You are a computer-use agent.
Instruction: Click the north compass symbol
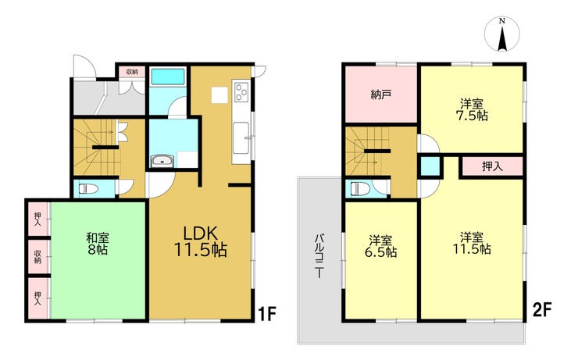pos(501,34)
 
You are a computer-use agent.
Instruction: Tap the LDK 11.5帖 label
pos(200,242)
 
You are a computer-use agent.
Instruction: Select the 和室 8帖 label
pos(98,243)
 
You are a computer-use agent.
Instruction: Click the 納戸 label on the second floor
pos(381,94)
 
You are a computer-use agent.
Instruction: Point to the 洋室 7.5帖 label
pos(472,109)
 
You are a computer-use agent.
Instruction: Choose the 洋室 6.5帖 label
pos(381,247)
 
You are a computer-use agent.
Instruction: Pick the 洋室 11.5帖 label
pos(472,243)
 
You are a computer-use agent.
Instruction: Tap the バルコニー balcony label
pos(319,255)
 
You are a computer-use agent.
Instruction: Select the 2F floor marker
pos(542,309)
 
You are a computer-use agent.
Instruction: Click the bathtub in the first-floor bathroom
pos(168,77)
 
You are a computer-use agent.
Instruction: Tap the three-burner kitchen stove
pos(241,91)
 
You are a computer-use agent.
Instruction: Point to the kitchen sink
pos(241,137)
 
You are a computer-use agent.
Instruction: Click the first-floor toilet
pos(88,189)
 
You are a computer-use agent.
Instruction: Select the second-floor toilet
pos(360,189)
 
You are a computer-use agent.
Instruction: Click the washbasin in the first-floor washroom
pos(162,161)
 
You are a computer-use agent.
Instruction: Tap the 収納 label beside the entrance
pos(131,72)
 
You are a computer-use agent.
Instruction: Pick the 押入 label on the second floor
pos(492,166)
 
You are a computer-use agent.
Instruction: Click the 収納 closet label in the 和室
pos(37,256)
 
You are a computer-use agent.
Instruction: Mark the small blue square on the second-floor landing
pos(430,166)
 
